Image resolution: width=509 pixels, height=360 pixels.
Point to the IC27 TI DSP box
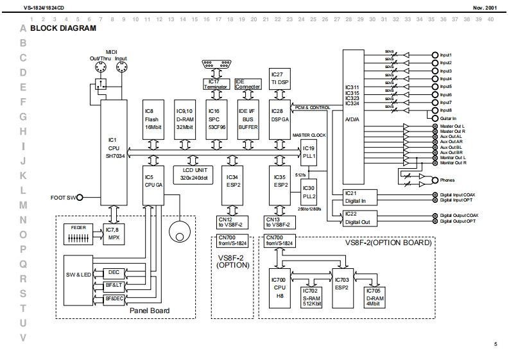(279, 78)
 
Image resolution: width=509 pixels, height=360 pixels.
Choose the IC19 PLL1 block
(310, 151)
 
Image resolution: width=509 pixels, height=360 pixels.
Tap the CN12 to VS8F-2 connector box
(229, 221)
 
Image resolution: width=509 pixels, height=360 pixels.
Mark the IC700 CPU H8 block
(279, 287)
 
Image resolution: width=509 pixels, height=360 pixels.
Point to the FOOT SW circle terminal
(80, 198)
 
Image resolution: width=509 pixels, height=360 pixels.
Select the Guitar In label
(449, 118)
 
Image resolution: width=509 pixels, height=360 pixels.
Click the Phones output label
(448, 180)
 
